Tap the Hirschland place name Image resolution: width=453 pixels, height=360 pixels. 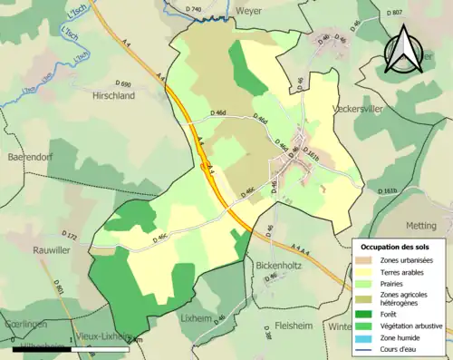tap(114, 94)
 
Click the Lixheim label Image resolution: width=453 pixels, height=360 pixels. tap(197, 318)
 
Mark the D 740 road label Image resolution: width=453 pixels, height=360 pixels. tap(193, 9)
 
